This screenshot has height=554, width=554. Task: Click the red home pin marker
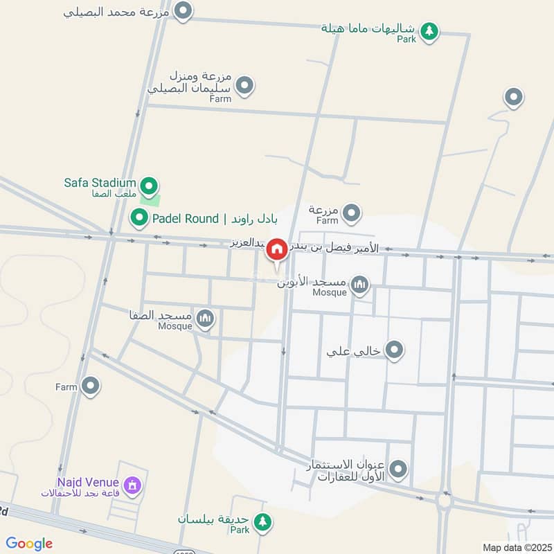[277, 249]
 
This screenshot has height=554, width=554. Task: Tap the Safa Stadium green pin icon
[148, 186]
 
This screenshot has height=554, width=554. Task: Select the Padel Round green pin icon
[139, 219]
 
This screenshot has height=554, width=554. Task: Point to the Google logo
[29, 544]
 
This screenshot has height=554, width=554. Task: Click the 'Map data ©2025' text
[516, 547]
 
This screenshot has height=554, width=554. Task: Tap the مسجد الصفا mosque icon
[205, 319]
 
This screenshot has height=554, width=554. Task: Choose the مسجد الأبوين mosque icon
[359, 284]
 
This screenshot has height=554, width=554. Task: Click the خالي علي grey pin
[395, 350]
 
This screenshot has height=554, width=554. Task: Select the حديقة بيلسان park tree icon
[262, 521]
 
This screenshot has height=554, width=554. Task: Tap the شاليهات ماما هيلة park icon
[430, 30]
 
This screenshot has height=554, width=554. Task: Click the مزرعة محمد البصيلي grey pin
[183, 11]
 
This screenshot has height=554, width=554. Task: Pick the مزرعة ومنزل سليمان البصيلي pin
[244, 87]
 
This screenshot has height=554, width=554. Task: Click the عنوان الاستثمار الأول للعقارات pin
[398, 470]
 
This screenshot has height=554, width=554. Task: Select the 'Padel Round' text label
[186, 219]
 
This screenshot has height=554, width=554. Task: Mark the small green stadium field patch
[150, 199]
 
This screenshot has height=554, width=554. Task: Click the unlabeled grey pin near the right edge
[513, 97]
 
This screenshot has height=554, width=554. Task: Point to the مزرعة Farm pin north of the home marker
[352, 213]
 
